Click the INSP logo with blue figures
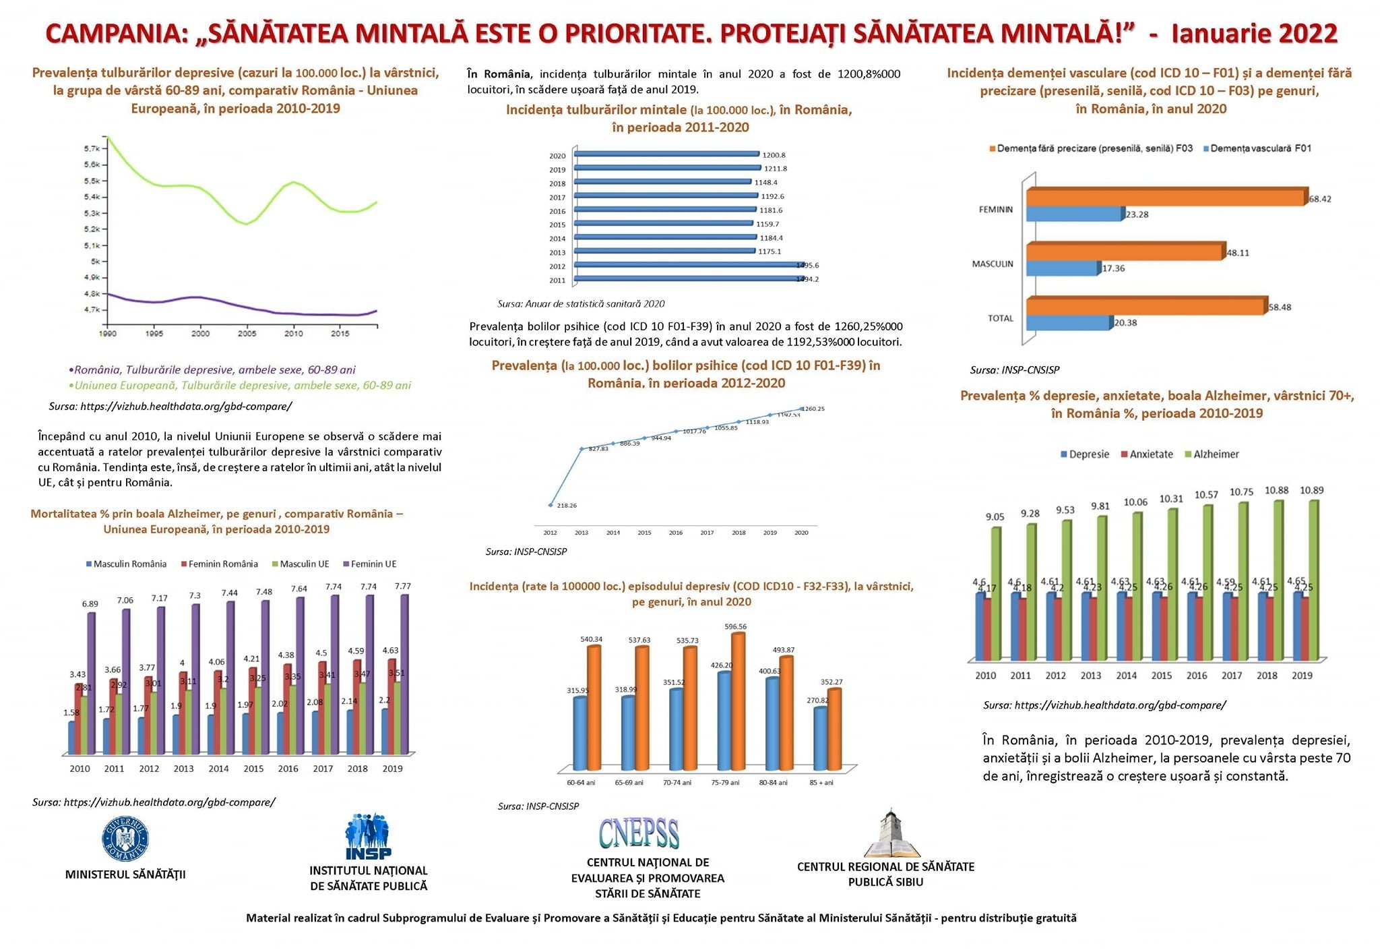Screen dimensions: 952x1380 [368, 837]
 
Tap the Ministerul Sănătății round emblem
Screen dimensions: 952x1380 [125, 839]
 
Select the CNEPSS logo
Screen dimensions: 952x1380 [639, 833]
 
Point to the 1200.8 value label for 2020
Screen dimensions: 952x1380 [774, 155]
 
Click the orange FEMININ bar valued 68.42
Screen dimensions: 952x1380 [1166, 197]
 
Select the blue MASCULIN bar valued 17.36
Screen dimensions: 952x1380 [1062, 268]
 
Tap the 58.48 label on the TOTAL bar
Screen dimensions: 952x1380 [1280, 307]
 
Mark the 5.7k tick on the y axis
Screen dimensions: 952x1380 [92, 148]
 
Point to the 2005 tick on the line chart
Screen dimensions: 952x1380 [247, 333]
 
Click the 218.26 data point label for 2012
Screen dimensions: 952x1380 [566, 505]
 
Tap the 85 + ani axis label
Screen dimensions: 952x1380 [821, 783]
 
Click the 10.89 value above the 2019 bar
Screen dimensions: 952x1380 [1311, 490]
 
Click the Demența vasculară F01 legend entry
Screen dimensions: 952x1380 [1257, 148]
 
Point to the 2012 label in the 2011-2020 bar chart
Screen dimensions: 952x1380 [557, 266]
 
